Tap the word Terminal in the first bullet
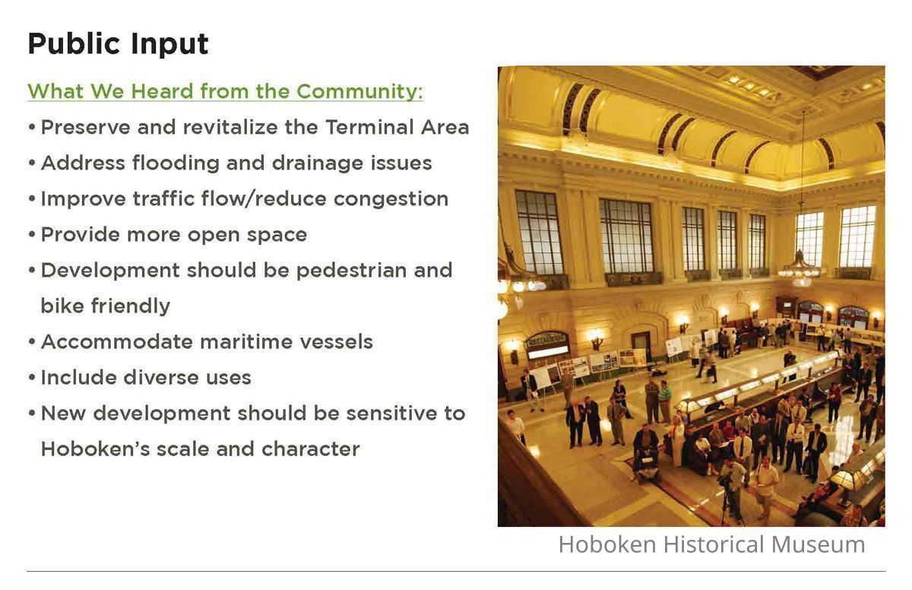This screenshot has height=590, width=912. (370, 127)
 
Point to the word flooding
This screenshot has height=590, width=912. (176, 163)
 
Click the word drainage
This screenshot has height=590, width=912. (317, 163)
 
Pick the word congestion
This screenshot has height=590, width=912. (391, 199)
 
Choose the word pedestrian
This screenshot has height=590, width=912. (351, 271)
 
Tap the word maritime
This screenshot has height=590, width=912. (246, 341)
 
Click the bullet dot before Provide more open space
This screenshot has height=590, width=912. (32, 235)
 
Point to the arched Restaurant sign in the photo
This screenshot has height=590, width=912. (546, 339)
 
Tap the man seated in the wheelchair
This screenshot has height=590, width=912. (646, 452)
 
